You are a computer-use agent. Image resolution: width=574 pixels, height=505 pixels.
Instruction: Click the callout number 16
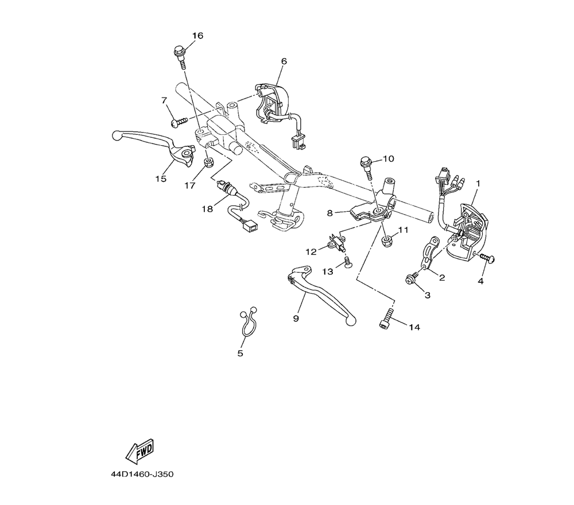click(x=197, y=36)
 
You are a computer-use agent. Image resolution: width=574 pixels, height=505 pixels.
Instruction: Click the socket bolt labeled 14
click(x=386, y=317)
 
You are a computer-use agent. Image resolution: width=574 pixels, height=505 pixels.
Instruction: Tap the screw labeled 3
click(x=412, y=279)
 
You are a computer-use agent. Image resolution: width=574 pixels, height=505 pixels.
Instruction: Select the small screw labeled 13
click(x=347, y=262)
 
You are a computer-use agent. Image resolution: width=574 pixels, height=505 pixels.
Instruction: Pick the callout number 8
click(x=329, y=213)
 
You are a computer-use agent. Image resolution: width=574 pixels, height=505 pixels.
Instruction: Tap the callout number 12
click(x=311, y=251)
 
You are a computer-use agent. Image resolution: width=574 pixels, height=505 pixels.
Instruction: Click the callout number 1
click(x=478, y=183)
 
